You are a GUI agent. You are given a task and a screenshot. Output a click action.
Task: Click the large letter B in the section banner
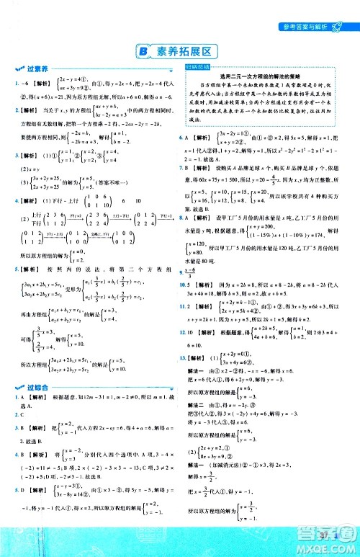(x=143, y=50)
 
